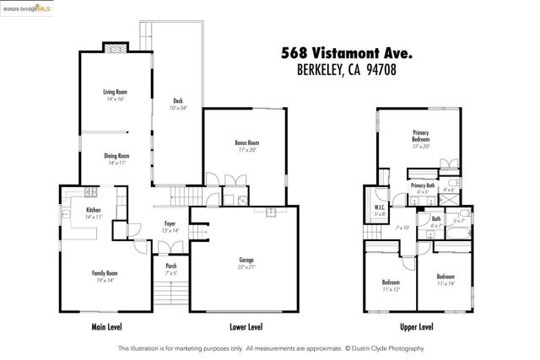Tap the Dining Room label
(x=116, y=156)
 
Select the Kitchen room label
(x=93, y=210)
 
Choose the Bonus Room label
(x=246, y=143)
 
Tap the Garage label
(x=246, y=261)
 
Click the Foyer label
(x=170, y=224)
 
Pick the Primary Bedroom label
(x=421, y=136)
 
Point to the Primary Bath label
(x=423, y=185)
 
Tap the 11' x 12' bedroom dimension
(x=391, y=289)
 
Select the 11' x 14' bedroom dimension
(x=446, y=284)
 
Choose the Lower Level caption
(x=246, y=326)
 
